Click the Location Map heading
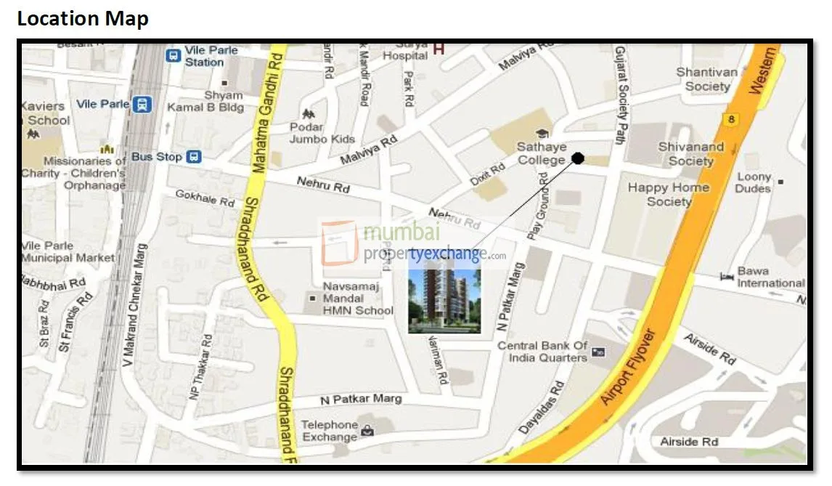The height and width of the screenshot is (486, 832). tap(83, 18)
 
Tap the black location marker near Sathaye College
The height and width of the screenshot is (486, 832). tap(578, 158)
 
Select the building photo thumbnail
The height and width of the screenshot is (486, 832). tap(444, 300)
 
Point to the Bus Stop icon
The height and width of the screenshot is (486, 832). tap(194, 156)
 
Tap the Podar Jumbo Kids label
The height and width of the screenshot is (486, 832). tap(322, 133)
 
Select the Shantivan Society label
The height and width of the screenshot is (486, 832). tap(706, 79)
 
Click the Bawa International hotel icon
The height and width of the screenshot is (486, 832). tap(726, 277)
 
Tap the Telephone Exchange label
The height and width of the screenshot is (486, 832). tap(330, 431)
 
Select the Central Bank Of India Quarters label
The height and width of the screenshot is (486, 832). tap(542, 352)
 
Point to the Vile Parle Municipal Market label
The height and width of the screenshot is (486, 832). tap(68, 251)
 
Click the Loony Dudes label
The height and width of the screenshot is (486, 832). tap(753, 182)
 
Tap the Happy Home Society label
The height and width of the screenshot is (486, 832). tap(668, 194)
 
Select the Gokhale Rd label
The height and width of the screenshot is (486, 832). tap(205, 198)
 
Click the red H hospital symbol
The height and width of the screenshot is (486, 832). tap(439, 49)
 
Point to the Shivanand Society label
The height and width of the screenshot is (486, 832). tap(690, 153)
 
